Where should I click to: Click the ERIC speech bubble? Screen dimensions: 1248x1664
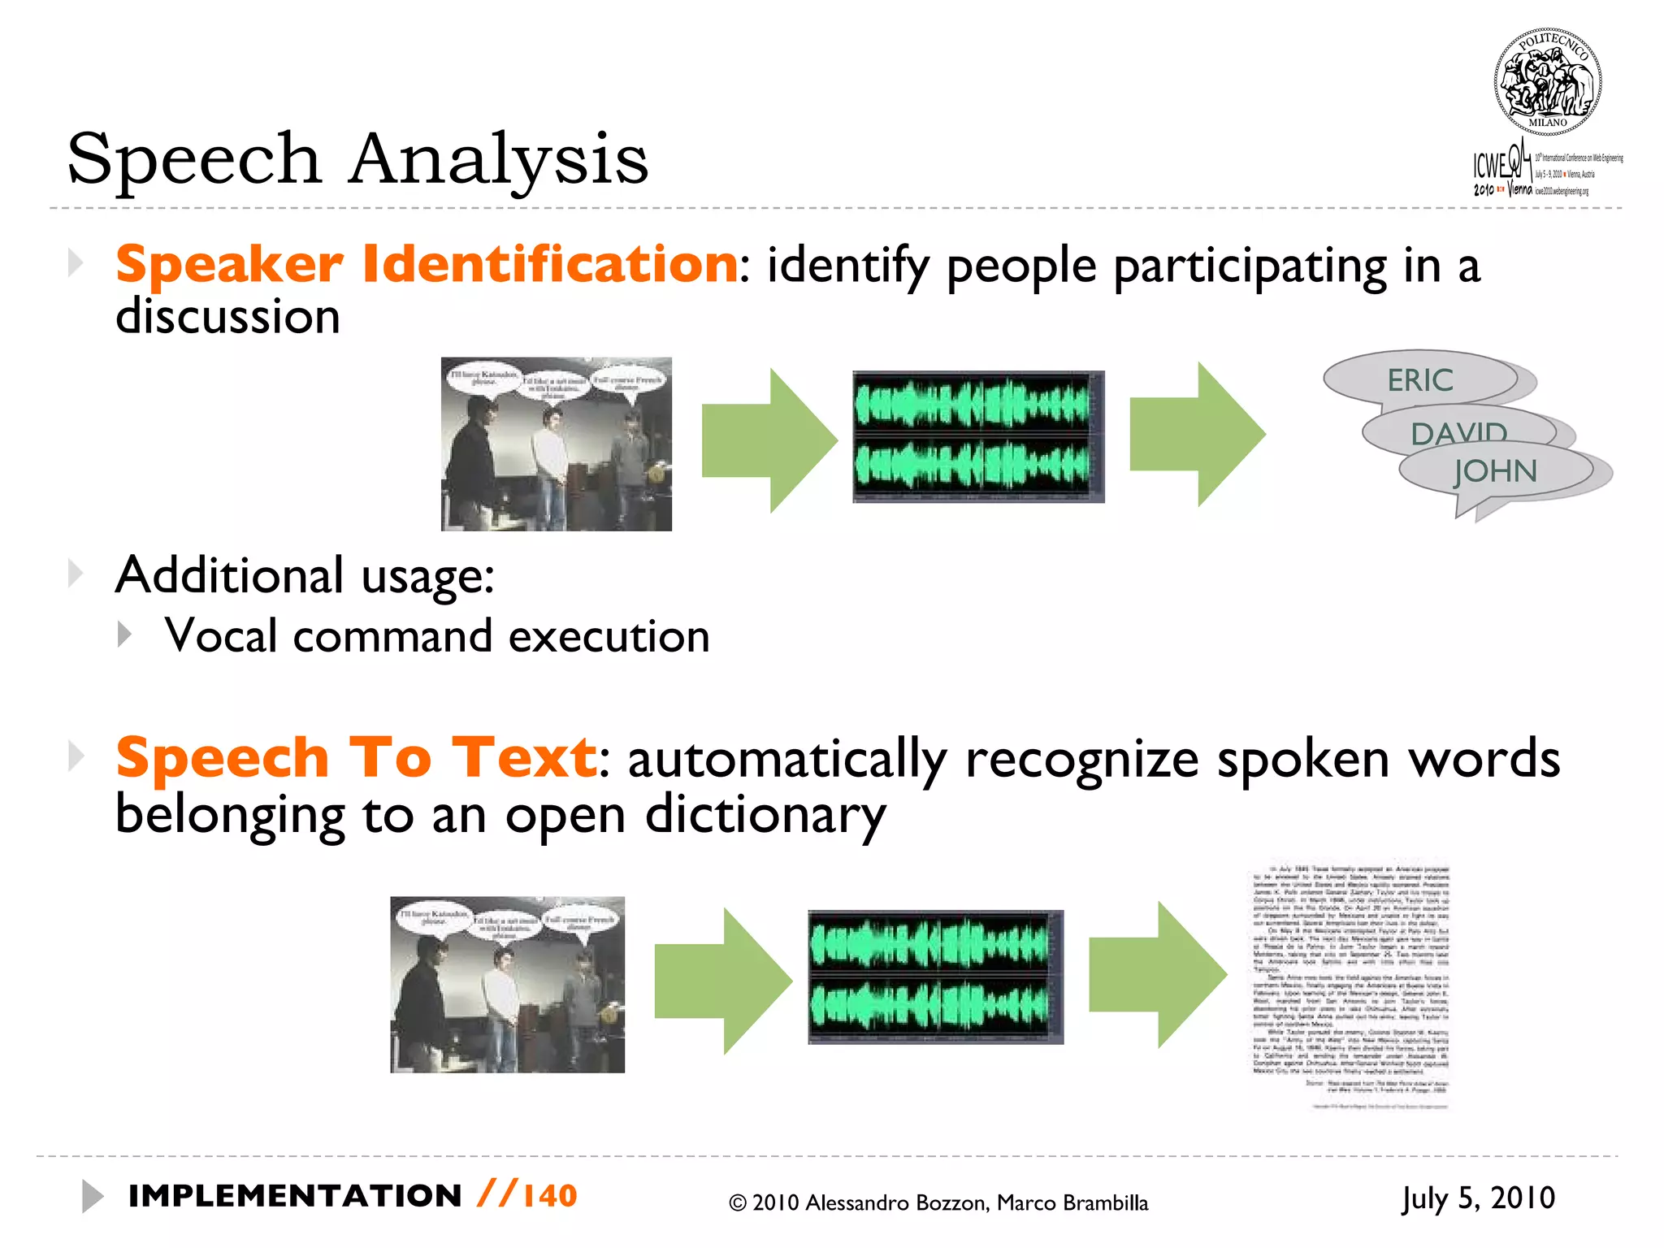[x=1419, y=379]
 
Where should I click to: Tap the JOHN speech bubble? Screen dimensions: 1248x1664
[x=1495, y=471]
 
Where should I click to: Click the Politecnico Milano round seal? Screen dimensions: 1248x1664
[x=1547, y=82]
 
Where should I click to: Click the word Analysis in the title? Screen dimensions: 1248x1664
[x=499, y=158]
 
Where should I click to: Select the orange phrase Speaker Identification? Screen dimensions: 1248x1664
[x=427, y=264]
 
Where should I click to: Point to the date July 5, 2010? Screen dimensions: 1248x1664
[x=1478, y=1198]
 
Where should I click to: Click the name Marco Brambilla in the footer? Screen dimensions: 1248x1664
[x=1072, y=1203]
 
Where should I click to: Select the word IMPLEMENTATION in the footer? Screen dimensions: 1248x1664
[x=295, y=1196]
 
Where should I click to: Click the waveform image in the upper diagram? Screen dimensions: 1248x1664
[x=977, y=436]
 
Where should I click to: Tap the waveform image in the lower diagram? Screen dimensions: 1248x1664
[x=935, y=977]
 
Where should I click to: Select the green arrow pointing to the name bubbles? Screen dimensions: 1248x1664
[x=1197, y=435]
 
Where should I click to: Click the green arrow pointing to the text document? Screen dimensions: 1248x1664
[x=1157, y=975]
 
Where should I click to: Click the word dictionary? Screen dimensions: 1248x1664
[x=765, y=815]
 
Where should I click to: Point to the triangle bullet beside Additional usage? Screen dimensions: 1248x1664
[x=76, y=574]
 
